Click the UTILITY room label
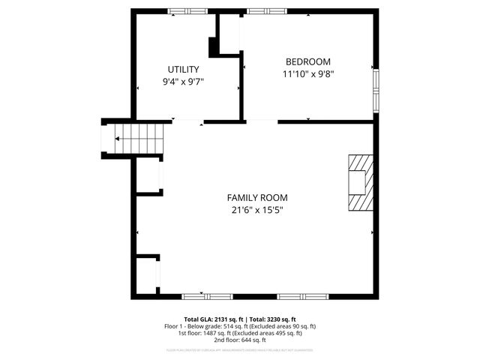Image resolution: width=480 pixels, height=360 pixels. point(183,69)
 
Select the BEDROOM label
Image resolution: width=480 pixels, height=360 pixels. point(307,61)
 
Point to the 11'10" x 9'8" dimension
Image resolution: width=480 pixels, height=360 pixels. point(307,73)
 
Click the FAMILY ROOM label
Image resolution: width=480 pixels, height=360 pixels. point(257,198)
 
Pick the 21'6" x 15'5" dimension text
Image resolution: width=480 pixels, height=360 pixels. point(257,210)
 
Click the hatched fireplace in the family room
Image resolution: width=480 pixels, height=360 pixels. point(359,184)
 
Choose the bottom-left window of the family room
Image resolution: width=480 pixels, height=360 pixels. point(202,295)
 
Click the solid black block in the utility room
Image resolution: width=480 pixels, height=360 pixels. point(214,46)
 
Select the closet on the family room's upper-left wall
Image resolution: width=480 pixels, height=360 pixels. point(148,176)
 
